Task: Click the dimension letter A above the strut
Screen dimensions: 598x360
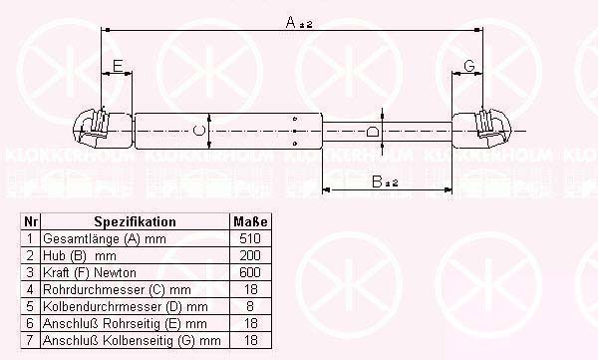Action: (x=291, y=22)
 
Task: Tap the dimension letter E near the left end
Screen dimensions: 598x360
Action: (x=118, y=66)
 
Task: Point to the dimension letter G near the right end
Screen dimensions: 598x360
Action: (x=469, y=66)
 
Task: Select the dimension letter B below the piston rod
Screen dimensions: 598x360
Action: (x=377, y=181)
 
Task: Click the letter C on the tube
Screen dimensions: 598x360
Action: (x=199, y=131)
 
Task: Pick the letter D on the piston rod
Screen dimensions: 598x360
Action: (x=373, y=132)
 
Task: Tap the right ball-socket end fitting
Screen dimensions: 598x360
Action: (x=493, y=129)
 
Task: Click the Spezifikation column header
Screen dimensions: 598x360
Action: (x=135, y=221)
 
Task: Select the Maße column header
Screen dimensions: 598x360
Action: (x=250, y=221)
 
